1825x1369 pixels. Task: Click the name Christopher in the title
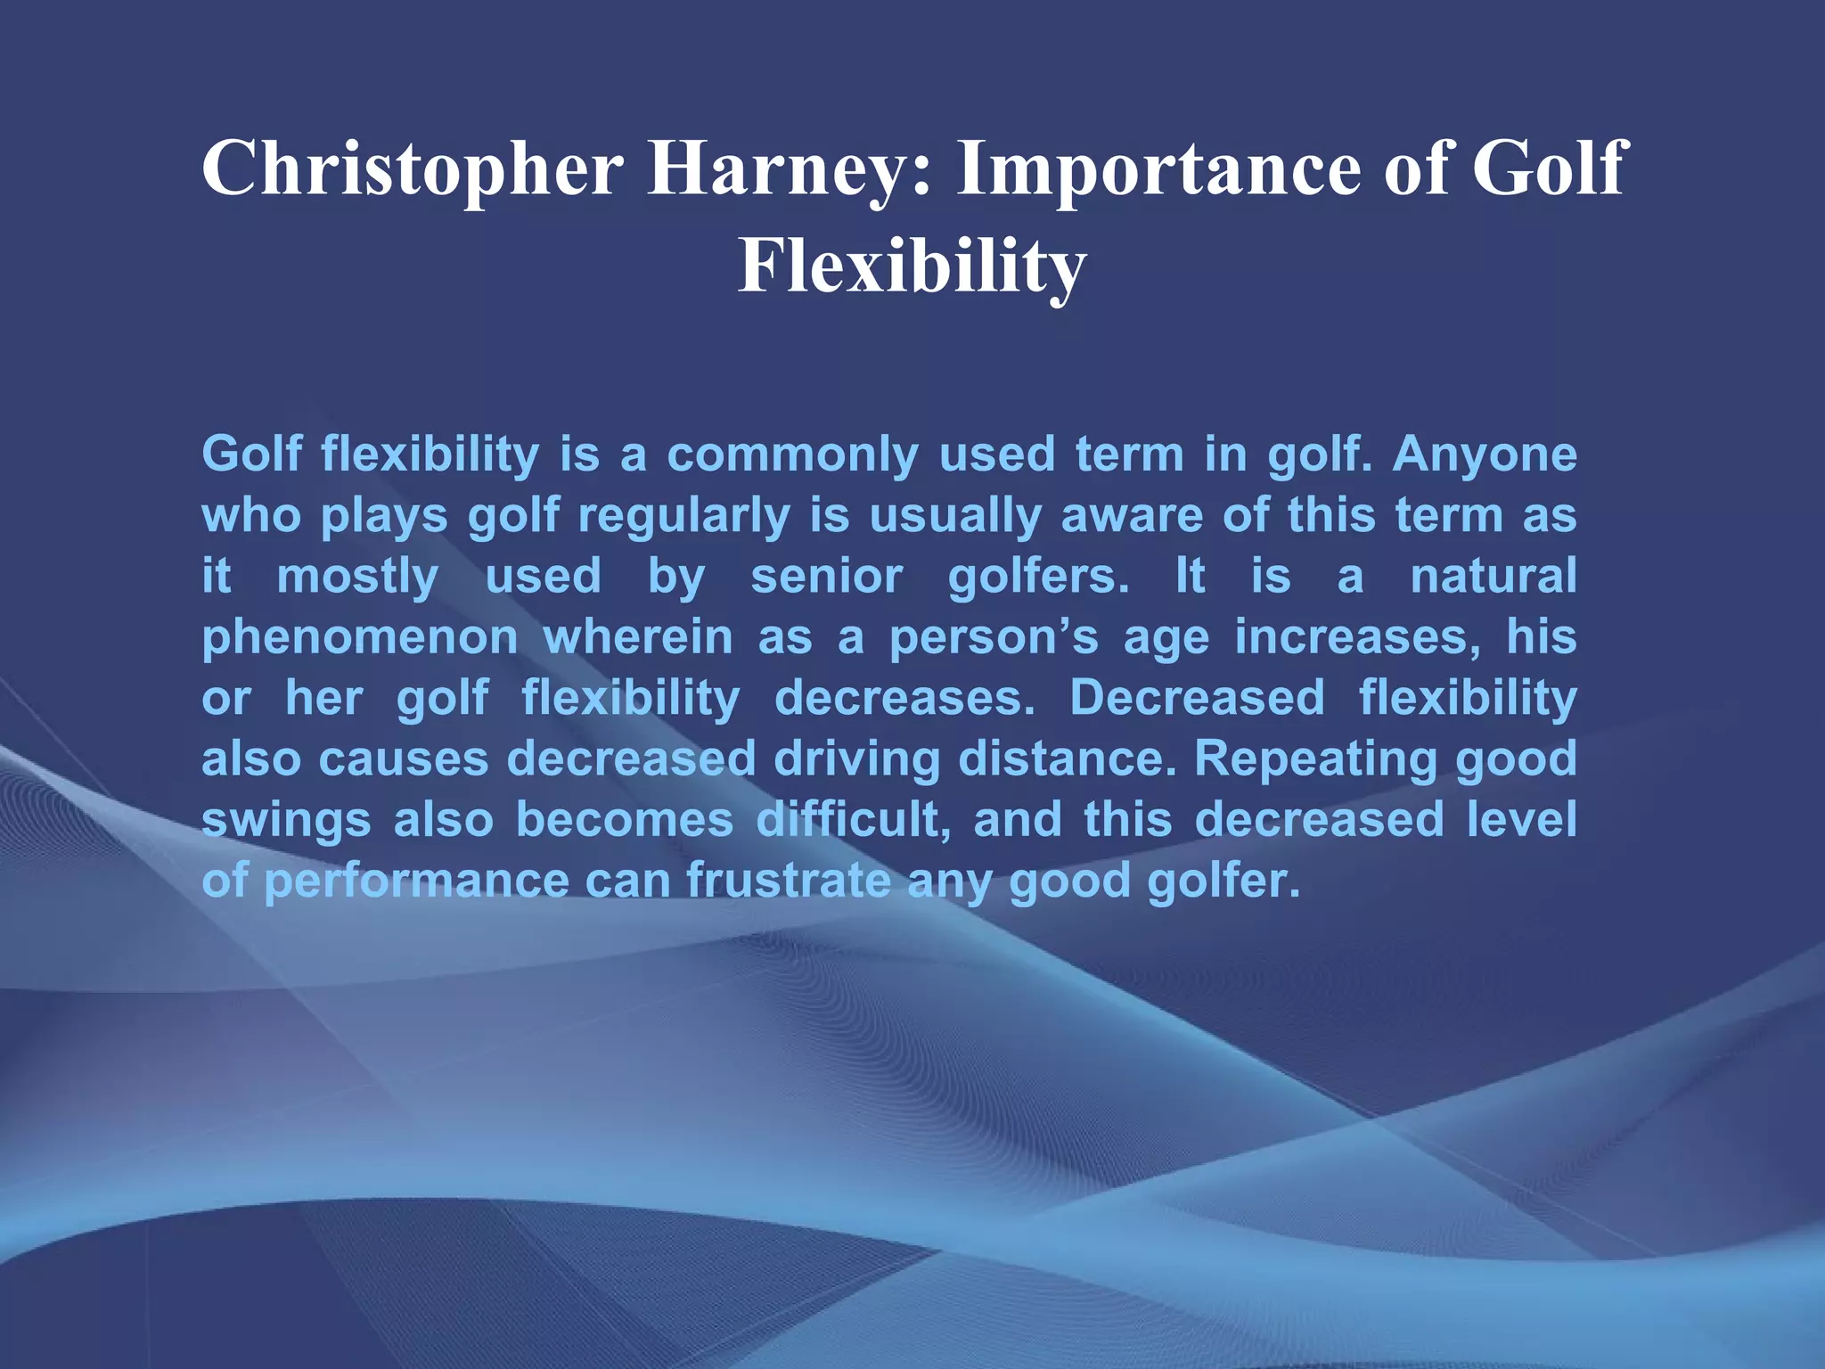(x=412, y=169)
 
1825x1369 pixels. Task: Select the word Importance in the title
(x=1158, y=169)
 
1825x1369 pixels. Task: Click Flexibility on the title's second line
(x=912, y=266)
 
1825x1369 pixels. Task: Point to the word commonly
(x=792, y=455)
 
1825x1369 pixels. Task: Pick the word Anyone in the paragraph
(x=1485, y=455)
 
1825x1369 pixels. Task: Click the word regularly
(x=683, y=516)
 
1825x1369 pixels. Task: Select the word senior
(x=827, y=576)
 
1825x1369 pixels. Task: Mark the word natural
(x=1494, y=576)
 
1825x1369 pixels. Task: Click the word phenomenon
(x=360, y=638)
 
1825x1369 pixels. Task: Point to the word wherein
(x=638, y=638)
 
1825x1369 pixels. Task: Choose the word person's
(x=994, y=638)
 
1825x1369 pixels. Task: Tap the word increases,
(x=1358, y=638)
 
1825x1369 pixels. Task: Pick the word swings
(x=286, y=820)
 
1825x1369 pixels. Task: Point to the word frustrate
(x=789, y=881)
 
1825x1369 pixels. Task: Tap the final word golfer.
(x=1223, y=881)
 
